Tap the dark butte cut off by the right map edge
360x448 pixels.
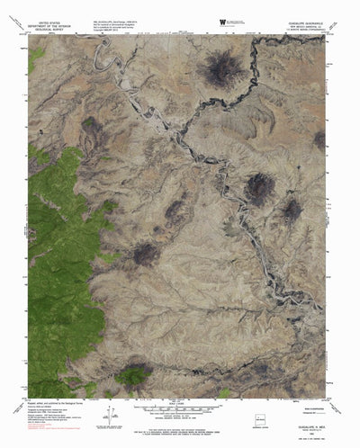point(319,139)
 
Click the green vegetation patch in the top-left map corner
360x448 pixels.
point(36,58)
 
